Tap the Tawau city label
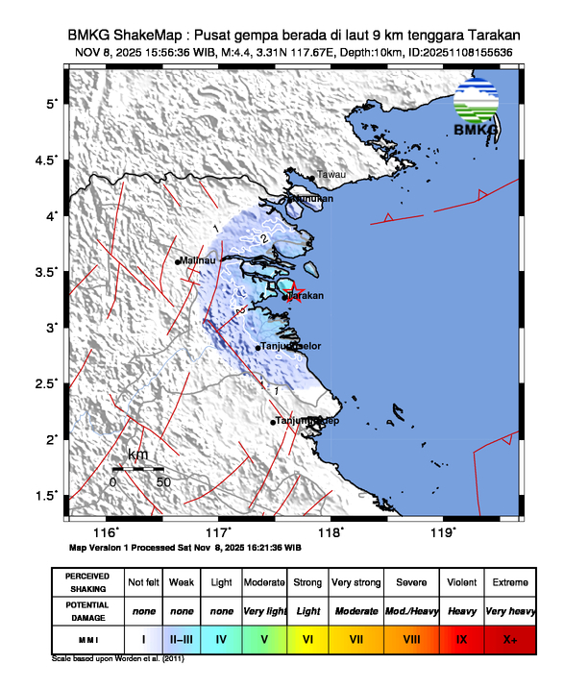pos(331,174)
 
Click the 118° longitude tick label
pos(331,532)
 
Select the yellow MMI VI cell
pos(307,636)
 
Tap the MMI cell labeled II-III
pos(182,636)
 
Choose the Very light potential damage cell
pos(264,609)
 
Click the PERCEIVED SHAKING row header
pos(87,582)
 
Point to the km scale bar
pos(137,468)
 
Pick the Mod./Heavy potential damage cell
pos(411,609)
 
